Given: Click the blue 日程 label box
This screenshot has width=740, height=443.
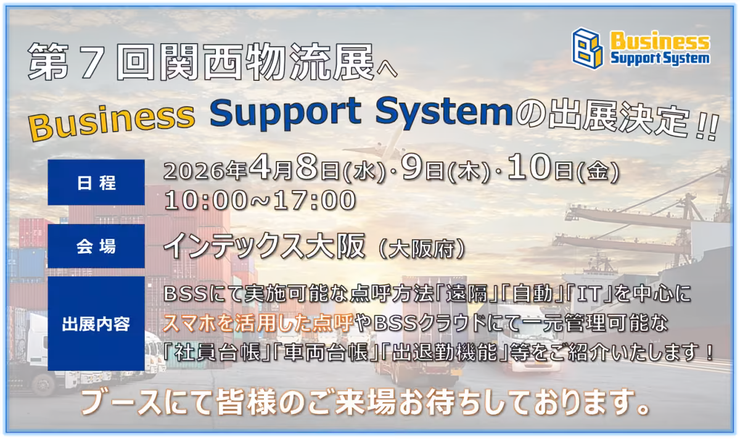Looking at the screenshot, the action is pos(96,182).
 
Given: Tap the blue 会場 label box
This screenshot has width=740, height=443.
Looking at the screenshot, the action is pos(96,246).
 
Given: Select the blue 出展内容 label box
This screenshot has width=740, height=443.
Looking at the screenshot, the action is pos(96,324).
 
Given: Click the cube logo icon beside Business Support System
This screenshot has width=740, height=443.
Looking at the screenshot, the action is pos(588,48).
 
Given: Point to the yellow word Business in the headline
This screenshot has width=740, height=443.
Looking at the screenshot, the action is pos(112,121).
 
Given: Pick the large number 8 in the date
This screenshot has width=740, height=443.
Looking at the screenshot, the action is pos(307,167).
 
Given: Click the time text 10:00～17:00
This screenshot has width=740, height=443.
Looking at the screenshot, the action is pos(260,200).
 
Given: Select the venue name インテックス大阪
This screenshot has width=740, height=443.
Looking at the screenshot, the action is pos(265,246).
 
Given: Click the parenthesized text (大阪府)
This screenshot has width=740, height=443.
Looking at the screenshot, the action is pos(422,249).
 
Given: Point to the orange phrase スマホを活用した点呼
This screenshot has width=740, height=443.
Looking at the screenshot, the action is pos(258,323).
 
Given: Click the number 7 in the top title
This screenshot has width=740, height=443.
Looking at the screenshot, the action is pos(90,62).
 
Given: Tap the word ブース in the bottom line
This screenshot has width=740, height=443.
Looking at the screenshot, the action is pos(122,403).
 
